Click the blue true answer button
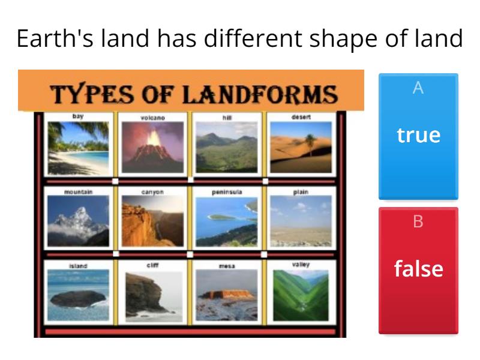[418, 136]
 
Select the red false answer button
[418, 270]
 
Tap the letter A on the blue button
[418, 88]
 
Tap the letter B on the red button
[418, 222]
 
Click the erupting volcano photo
[152, 147]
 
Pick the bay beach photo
[78, 148]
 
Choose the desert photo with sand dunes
[301, 147]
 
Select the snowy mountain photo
[78, 221]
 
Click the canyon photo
[152, 221]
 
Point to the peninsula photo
[226, 221]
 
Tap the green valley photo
[301, 295]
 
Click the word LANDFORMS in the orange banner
[260, 95]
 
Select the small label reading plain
[301, 192]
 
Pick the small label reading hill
[226, 118]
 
